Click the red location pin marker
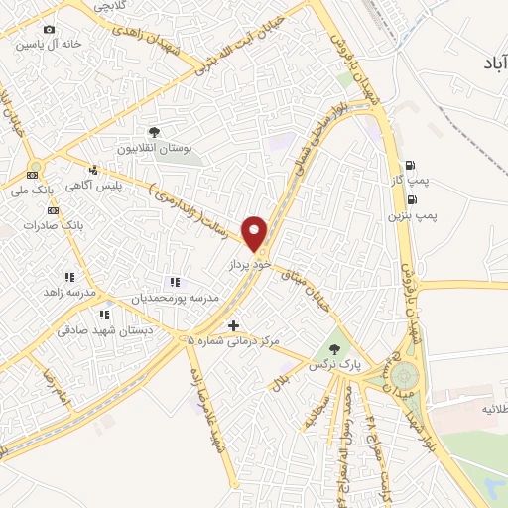click(x=256, y=233)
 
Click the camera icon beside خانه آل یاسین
click(x=50, y=29)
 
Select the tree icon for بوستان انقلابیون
click(x=153, y=132)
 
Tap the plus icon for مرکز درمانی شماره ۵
click(x=233, y=325)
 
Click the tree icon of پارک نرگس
click(x=334, y=348)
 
